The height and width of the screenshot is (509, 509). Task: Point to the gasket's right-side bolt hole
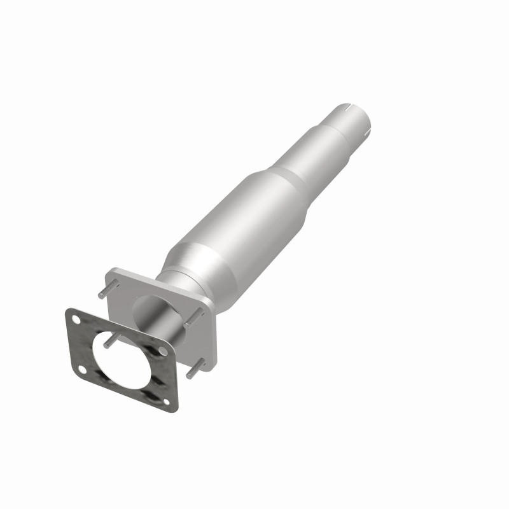click(x=163, y=351)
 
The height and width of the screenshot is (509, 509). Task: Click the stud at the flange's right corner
click(x=193, y=323)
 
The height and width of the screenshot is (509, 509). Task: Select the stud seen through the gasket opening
click(x=109, y=342)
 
